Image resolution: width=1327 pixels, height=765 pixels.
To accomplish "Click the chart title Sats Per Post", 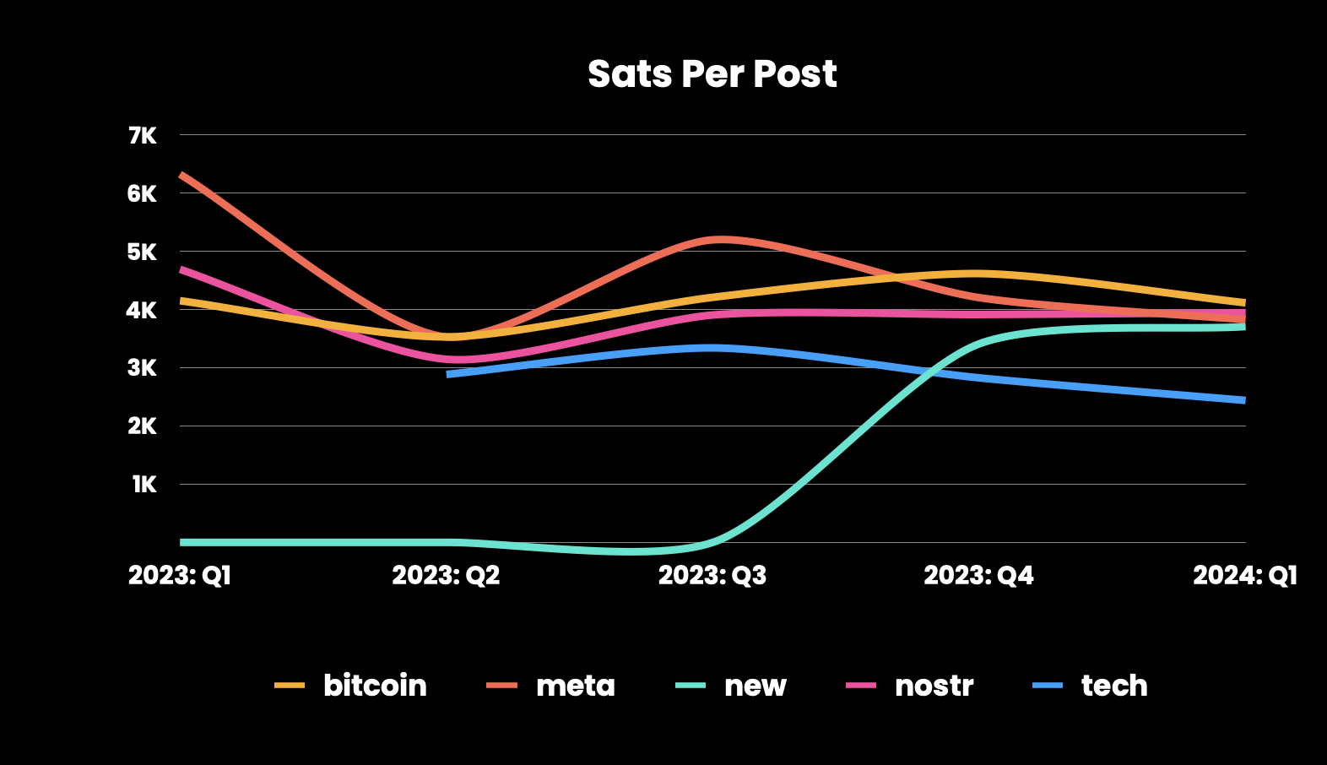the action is coord(712,74).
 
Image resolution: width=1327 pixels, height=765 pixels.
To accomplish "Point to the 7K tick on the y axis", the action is coord(142,136).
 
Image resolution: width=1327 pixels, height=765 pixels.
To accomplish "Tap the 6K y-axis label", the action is coord(142,193).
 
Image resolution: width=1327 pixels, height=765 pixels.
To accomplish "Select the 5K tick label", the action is coord(142,252).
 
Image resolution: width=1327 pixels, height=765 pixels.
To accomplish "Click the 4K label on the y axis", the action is coord(142,311).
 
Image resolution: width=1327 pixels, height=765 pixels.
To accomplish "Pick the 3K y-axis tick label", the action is coord(142,369).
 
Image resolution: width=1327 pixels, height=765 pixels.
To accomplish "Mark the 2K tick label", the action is coord(142,426).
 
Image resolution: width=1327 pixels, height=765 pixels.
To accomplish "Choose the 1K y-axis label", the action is coord(144,485).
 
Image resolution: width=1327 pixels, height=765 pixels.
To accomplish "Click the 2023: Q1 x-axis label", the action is coord(180,575).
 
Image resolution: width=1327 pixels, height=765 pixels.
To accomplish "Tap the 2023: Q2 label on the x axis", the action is coord(446,575).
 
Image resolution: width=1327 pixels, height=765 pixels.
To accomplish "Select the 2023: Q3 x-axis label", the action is coord(712,575).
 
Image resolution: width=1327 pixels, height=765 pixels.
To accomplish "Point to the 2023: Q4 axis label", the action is coord(978,575).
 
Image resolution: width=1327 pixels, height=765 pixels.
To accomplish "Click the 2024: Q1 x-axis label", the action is coord(1244,575).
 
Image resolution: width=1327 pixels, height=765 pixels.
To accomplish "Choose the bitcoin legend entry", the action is coord(350,686).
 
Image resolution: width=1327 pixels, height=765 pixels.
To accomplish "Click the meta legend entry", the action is coord(551,686).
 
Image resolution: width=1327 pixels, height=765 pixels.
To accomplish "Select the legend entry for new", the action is coord(731,686).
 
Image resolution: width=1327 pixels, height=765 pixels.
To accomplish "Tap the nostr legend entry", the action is coord(909,686).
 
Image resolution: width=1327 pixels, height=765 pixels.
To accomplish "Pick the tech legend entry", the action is coord(1090,686).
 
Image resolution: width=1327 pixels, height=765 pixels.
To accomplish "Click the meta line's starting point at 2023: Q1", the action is coord(181,174).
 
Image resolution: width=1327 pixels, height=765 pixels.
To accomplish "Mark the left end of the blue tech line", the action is coord(448,375).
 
